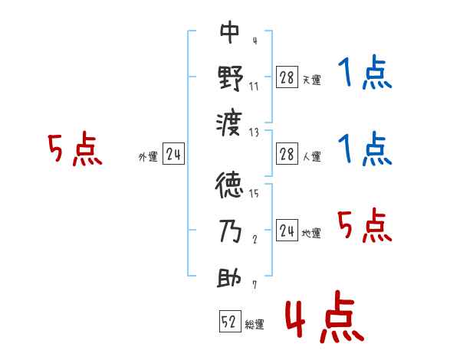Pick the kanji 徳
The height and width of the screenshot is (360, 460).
[x=230, y=186]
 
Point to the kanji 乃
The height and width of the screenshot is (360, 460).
[x=230, y=232]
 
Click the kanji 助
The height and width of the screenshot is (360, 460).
[x=230, y=277]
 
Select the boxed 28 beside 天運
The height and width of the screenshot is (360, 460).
[x=287, y=77]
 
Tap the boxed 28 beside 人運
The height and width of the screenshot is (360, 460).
[x=287, y=154]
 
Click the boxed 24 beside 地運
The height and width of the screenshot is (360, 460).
[x=287, y=231]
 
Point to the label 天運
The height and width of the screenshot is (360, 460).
[x=311, y=80]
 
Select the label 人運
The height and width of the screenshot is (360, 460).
[x=311, y=157]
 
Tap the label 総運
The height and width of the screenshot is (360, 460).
[x=255, y=324]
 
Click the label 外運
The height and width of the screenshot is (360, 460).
[x=148, y=157]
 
